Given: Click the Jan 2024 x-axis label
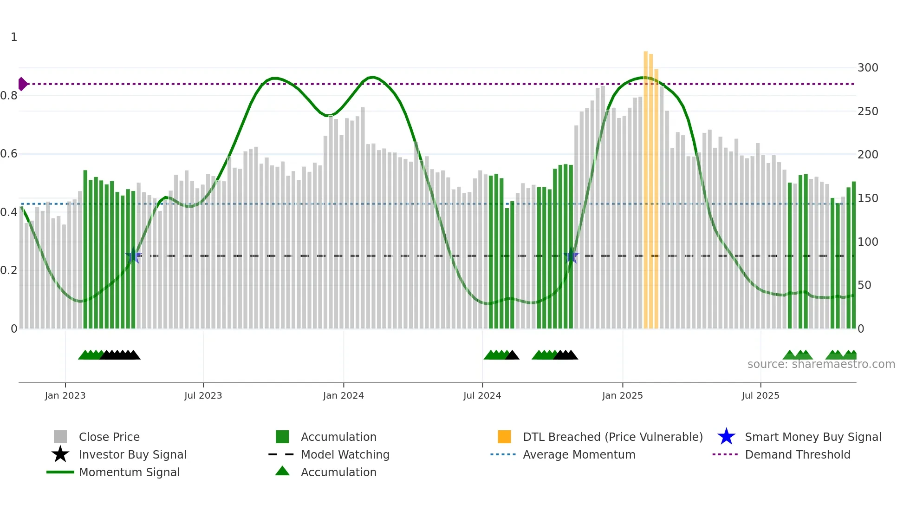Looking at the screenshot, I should click(x=343, y=395).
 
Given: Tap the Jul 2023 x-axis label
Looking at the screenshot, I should click(x=203, y=395).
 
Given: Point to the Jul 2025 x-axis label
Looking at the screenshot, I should click(x=760, y=395).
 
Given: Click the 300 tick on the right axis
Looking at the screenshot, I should click(x=867, y=68).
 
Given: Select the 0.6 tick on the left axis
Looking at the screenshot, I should click(x=9, y=154).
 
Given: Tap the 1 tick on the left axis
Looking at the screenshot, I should click(x=14, y=37).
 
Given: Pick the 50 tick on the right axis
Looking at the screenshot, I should click(x=864, y=285).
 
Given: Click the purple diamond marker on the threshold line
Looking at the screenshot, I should click(x=22, y=84).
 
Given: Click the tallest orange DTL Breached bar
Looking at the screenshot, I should click(x=645, y=186).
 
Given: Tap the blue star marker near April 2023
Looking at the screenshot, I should click(x=133, y=256).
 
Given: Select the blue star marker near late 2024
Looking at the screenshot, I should click(x=571, y=256).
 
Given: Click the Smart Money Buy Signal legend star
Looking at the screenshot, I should click(x=726, y=437).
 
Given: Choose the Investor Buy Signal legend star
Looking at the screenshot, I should click(x=60, y=454).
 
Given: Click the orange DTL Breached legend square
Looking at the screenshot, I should click(x=504, y=437).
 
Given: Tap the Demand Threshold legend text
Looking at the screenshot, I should click(x=797, y=454).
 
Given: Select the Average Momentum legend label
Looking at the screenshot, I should click(x=578, y=454).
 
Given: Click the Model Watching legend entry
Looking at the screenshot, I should click(x=344, y=454).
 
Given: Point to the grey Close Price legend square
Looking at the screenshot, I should click(x=60, y=437).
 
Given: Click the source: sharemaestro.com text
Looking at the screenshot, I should click(x=821, y=364).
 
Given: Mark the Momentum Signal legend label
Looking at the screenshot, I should click(x=129, y=472).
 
